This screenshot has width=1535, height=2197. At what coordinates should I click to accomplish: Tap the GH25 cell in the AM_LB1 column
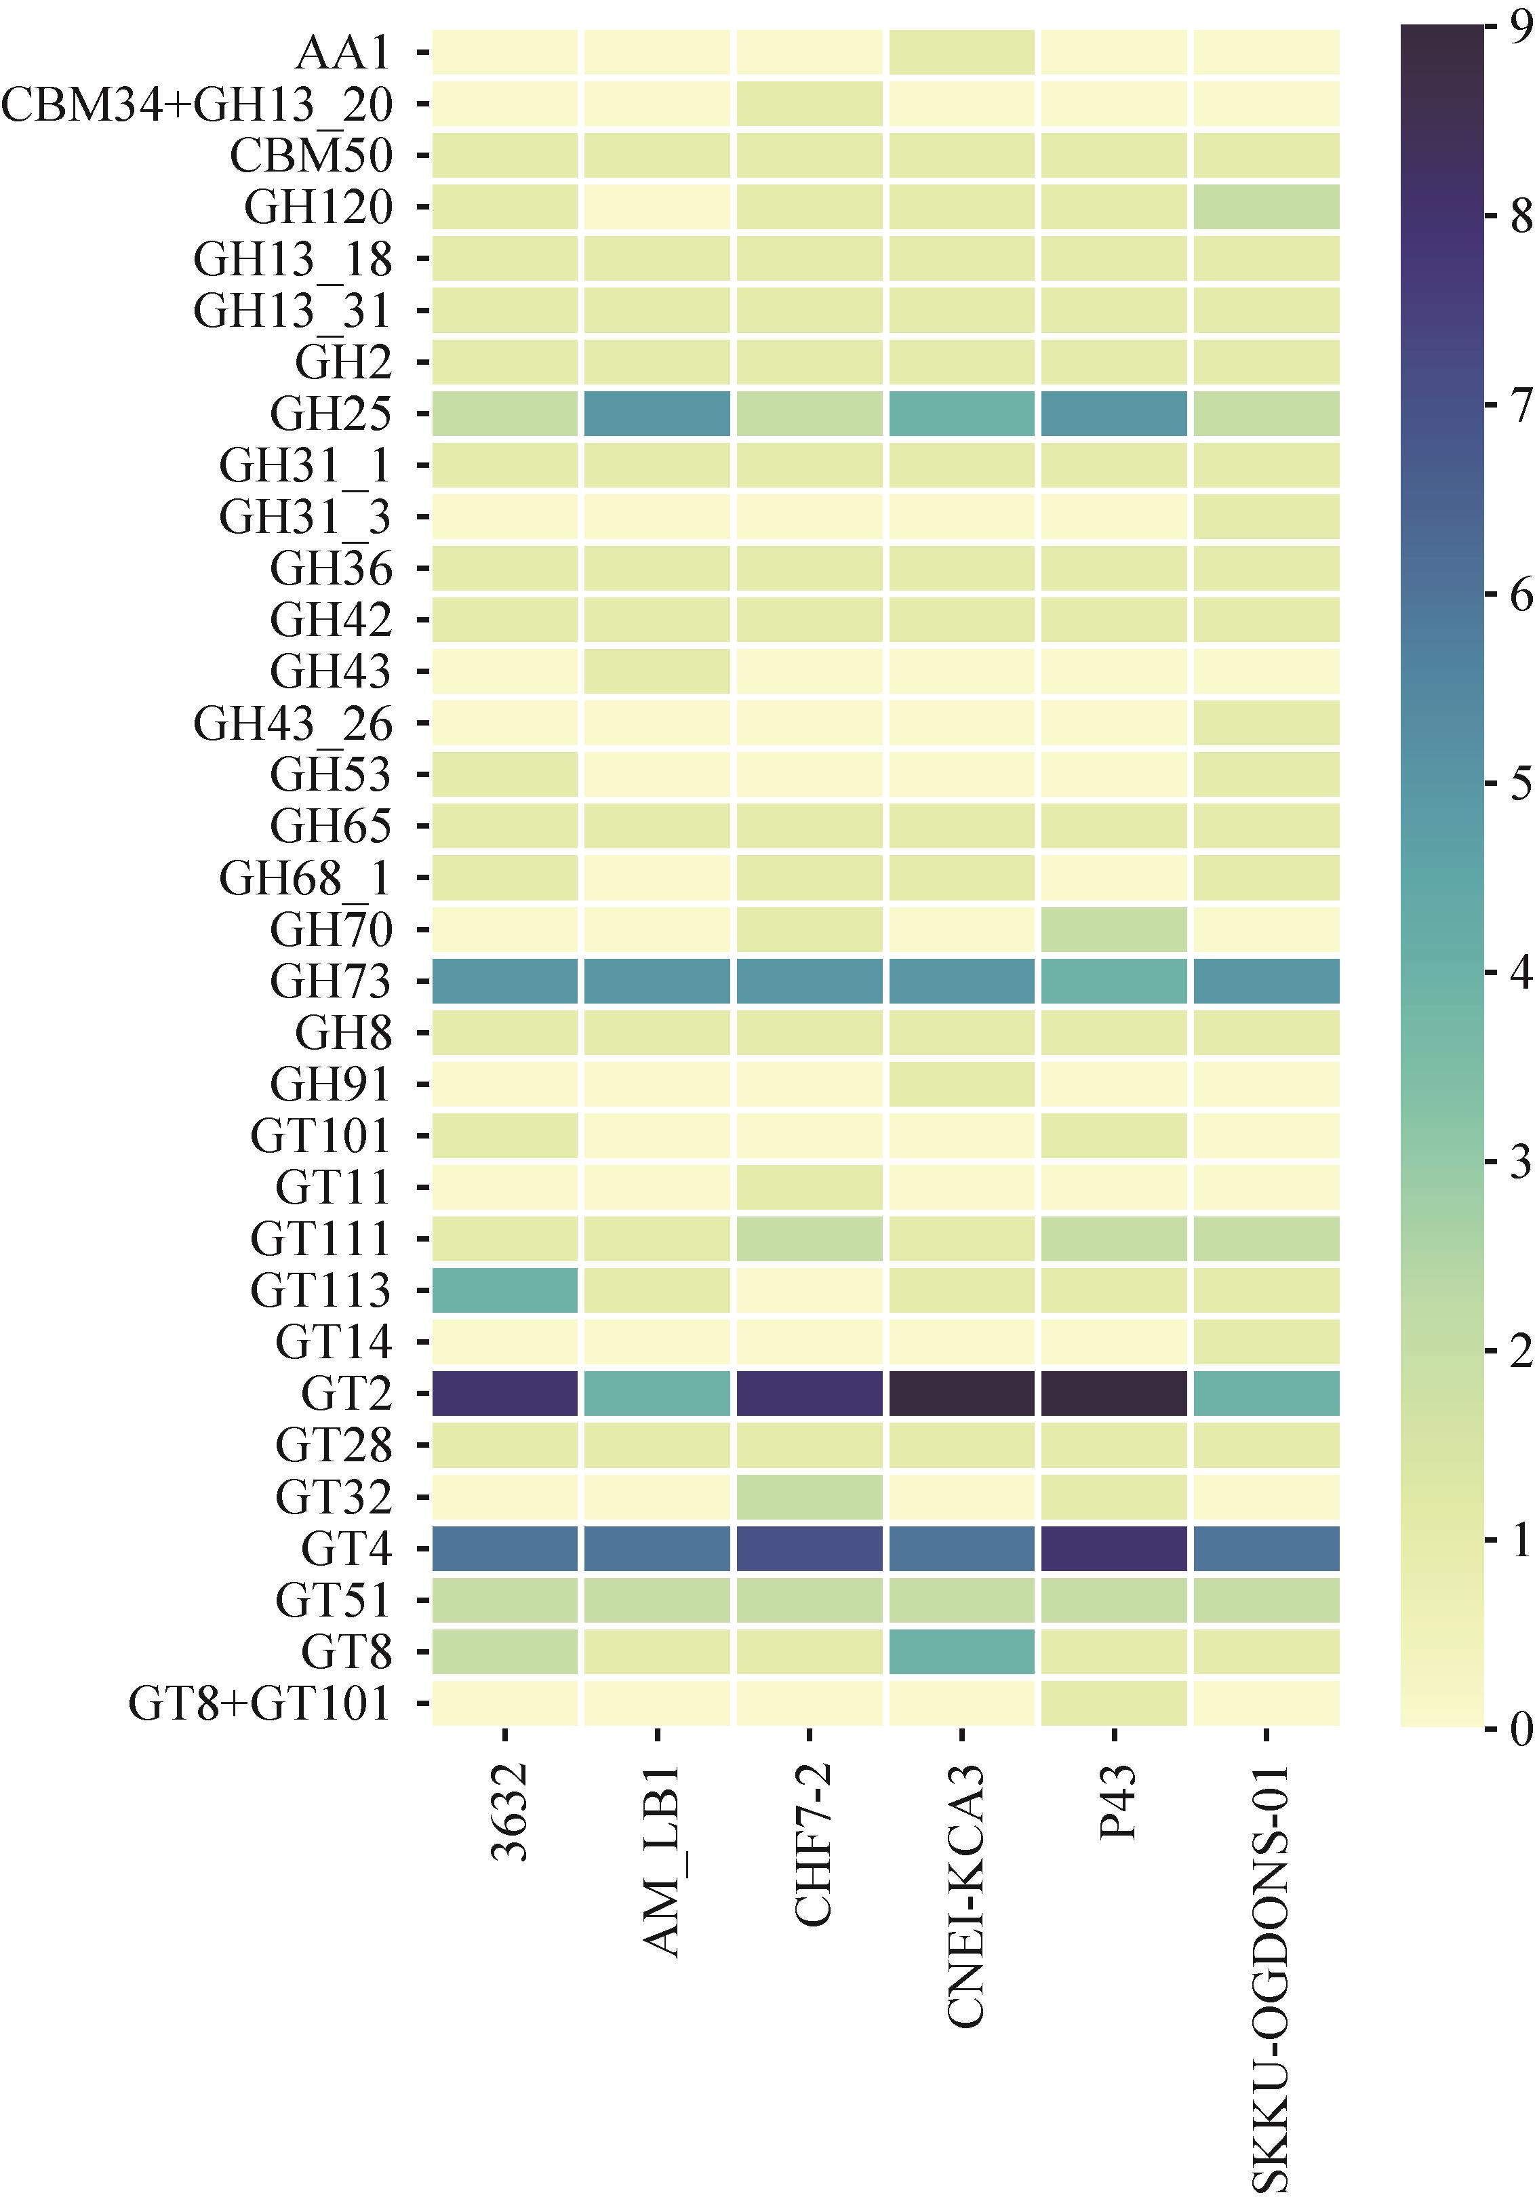coord(658,414)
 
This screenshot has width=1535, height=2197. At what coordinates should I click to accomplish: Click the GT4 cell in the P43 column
coord(1114,1548)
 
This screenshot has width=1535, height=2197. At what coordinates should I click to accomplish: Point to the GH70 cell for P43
coord(1114,929)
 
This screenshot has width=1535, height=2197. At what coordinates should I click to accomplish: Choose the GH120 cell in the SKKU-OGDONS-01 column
coord(1266,207)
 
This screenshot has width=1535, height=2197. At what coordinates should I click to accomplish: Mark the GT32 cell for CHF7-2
coord(810,1497)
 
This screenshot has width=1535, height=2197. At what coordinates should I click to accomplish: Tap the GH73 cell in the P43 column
coord(1114,981)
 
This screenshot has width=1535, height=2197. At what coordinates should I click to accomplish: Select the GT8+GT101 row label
coord(260,1703)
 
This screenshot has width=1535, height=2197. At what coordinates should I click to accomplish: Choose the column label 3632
coord(507,1813)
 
